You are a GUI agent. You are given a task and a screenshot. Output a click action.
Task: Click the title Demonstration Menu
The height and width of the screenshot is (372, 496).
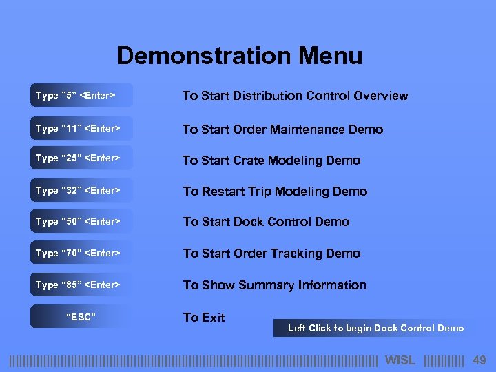point(240,56)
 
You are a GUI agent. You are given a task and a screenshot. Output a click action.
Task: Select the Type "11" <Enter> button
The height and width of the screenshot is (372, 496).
point(81,129)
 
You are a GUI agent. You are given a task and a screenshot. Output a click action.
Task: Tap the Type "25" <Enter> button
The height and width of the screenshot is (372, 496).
point(81,158)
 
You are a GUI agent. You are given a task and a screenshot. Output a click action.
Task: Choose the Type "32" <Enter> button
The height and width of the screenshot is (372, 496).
point(81,191)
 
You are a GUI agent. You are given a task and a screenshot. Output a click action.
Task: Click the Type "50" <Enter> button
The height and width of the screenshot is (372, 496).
point(81,222)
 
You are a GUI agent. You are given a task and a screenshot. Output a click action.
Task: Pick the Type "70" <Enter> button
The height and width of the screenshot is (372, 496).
point(81,254)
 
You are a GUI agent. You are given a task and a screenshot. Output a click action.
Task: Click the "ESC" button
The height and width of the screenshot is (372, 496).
point(81,317)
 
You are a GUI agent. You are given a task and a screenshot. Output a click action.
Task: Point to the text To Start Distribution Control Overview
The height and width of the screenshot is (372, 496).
point(295,96)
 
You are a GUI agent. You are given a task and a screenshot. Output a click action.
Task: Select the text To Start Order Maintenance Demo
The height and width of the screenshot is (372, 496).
point(282,130)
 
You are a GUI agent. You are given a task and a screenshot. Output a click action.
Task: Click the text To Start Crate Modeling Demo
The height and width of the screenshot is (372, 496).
point(271,161)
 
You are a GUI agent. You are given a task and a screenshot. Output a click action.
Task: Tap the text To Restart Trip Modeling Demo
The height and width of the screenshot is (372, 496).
point(275,192)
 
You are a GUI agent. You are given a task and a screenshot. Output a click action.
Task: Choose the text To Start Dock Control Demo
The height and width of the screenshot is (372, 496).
point(266,222)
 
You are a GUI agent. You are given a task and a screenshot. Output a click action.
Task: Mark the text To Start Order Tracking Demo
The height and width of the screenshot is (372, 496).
point(271,254)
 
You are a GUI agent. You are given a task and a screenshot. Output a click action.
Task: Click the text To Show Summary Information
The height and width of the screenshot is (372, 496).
point(274,285)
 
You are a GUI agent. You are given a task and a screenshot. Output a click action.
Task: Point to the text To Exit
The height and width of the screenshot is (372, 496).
point(204,318)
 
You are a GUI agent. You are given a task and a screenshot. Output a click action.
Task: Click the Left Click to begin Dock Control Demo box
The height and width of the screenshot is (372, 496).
point(375,329)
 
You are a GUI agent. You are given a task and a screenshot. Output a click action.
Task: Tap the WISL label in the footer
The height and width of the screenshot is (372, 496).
point(400,360)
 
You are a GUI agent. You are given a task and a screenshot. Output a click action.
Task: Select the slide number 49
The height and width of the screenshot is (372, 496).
point(479,360)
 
